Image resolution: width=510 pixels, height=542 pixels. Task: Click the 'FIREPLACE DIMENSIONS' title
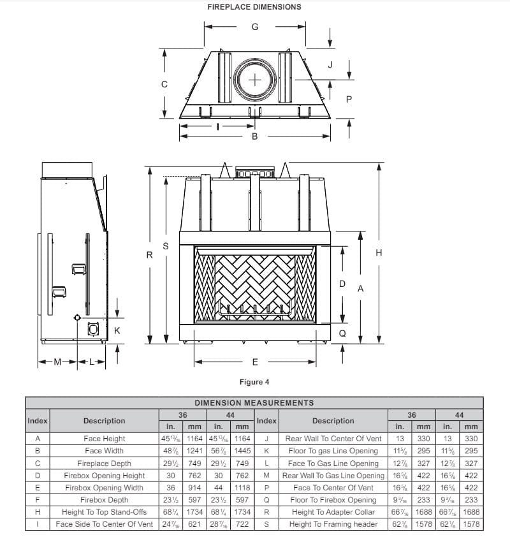coord(254,7)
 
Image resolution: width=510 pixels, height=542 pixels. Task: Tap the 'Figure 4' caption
coord(254,382)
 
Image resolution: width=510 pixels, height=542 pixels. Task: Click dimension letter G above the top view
coord(255,27)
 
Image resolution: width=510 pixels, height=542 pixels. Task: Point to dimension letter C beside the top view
coord(164,84)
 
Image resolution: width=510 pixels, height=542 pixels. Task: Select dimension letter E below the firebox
coord(255,362)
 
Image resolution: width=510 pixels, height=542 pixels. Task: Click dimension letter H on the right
coord(379,253)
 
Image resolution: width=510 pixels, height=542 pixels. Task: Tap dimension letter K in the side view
coord(117,330)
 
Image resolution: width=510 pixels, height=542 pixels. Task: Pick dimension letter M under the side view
coord(57,362)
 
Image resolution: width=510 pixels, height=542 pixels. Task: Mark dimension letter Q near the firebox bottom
coord(342,333)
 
